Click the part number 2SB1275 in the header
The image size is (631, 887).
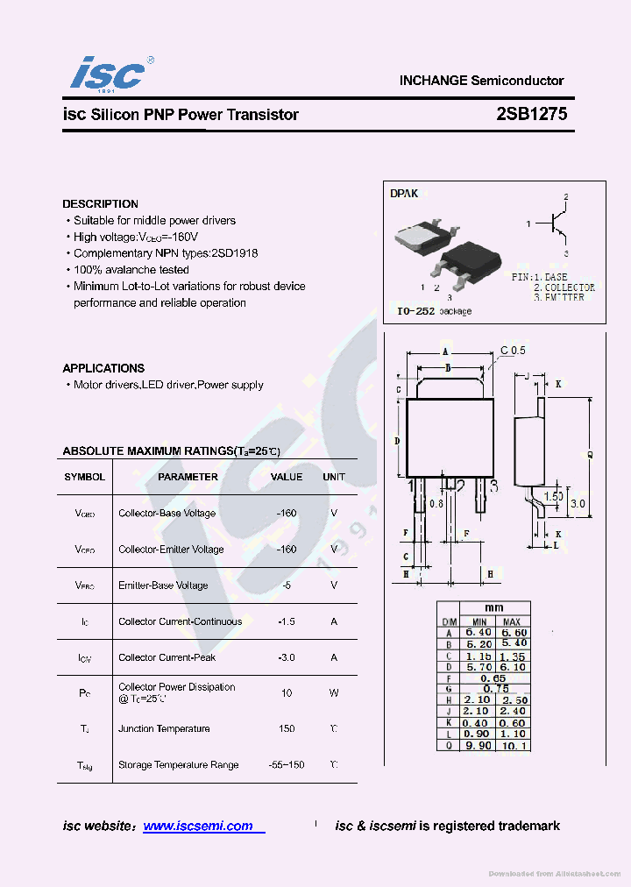pyautogui.click(x=531, y=115)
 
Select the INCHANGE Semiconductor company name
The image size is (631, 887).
pyautogui.click(x=481, y=81)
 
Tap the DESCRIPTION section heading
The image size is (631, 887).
pyautogui.click(x=100, y=204)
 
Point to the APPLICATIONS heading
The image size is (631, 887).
pyautogui.click(x=103, y=368)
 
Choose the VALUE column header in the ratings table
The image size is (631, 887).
pyautogui.click(x=287, y=477)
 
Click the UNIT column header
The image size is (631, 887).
pyautogui.click(x=334, y=477)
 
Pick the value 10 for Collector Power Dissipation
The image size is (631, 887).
pyautogui.click(x=287, y=692)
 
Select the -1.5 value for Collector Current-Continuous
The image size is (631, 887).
pyautogui.click(x=287, y=621)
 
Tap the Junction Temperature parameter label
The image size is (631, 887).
pyautogui.click(x=164, y=728)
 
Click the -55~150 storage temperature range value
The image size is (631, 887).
pyautogui.click(x=287, y=764)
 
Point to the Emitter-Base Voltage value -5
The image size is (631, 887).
pyautogui.click(x=287, y=585)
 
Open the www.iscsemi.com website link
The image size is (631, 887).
pyautogui.click(x=198, y=826)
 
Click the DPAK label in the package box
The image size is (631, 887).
pyautogui.click(x=404, y=193)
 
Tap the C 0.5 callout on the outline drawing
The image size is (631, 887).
pyautogui.click(x=513, y=351)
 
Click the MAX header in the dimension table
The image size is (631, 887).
pyautogui.click(x=512, y=621)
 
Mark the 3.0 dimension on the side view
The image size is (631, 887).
pyautogui.click(x=578, y=504)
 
